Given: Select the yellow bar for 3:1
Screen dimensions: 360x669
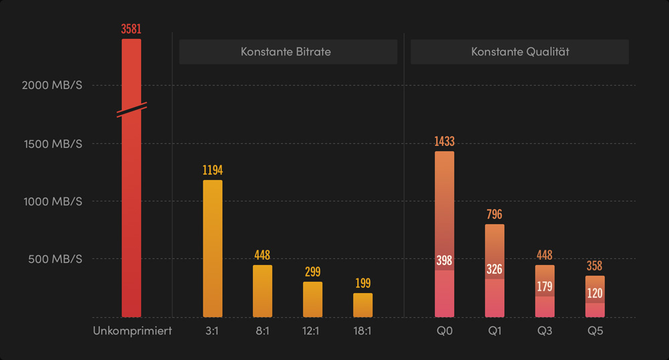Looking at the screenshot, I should (212, 248).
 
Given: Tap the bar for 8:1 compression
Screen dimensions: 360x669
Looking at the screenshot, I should (262, 291).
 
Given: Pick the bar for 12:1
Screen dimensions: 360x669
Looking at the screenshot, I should (312, 299).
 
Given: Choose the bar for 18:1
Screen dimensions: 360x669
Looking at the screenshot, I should (363, 305).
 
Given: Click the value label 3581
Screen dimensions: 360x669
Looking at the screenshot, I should (131, 29).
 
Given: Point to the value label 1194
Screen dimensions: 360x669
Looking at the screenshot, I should (212, 171).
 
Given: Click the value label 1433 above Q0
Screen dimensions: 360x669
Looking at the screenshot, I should (444, 142).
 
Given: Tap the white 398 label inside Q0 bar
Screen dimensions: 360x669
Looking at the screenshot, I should (444, 260).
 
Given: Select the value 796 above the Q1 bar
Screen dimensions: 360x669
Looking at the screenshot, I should (494, 215).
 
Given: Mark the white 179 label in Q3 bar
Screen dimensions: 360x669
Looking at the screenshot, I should (545, 287).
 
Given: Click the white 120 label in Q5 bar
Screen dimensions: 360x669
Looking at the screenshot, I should (595, 293).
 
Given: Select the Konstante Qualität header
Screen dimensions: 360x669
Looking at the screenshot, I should (520, 52).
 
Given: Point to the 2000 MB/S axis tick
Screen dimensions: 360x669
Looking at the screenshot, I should (52, 86).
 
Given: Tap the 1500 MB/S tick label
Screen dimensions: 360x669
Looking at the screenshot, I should (52, 144).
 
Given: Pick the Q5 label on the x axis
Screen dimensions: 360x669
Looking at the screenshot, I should (595, 331).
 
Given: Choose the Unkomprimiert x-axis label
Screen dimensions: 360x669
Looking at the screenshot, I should (132, 331).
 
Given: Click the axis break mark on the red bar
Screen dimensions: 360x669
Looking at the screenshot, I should (131, 110).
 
